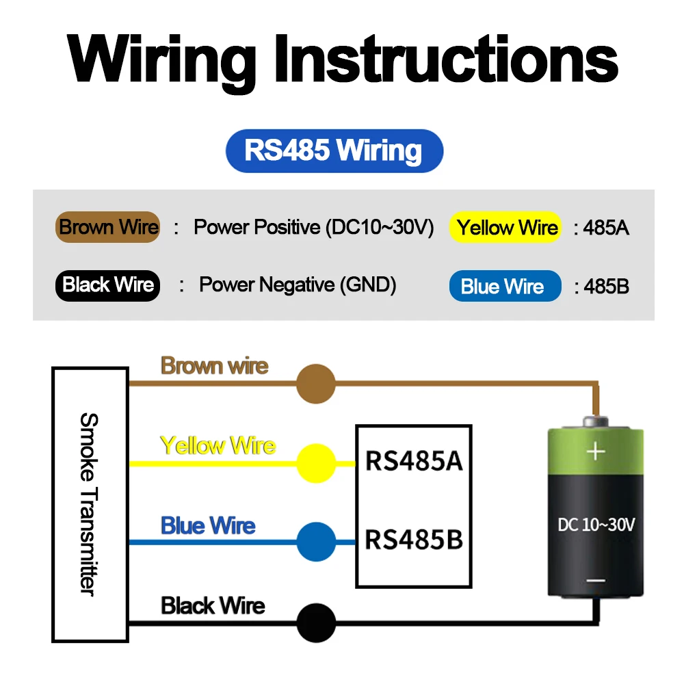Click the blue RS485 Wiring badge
click(334, 151)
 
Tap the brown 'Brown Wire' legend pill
click(108, 227)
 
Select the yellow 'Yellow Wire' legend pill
click(505, 227)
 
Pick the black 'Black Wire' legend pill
click(108, 286)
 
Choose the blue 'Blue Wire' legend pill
click(505, 286)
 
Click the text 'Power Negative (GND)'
click(298, 285)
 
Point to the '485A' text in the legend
click(606, 228)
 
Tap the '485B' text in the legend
click(606, 287)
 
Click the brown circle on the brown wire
click(316, 384)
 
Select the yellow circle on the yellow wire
click(316, 463)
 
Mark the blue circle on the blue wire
click(316, 542)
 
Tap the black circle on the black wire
click(316, 623)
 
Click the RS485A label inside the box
click(414, 461)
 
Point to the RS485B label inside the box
click(414, 540)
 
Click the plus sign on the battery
click(596, 451)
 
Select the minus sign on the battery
click(596, 581)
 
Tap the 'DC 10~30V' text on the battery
click(596, 525)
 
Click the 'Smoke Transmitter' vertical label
click(90, 504)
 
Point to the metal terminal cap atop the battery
click(596, 421)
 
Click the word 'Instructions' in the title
click(446, 60)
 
